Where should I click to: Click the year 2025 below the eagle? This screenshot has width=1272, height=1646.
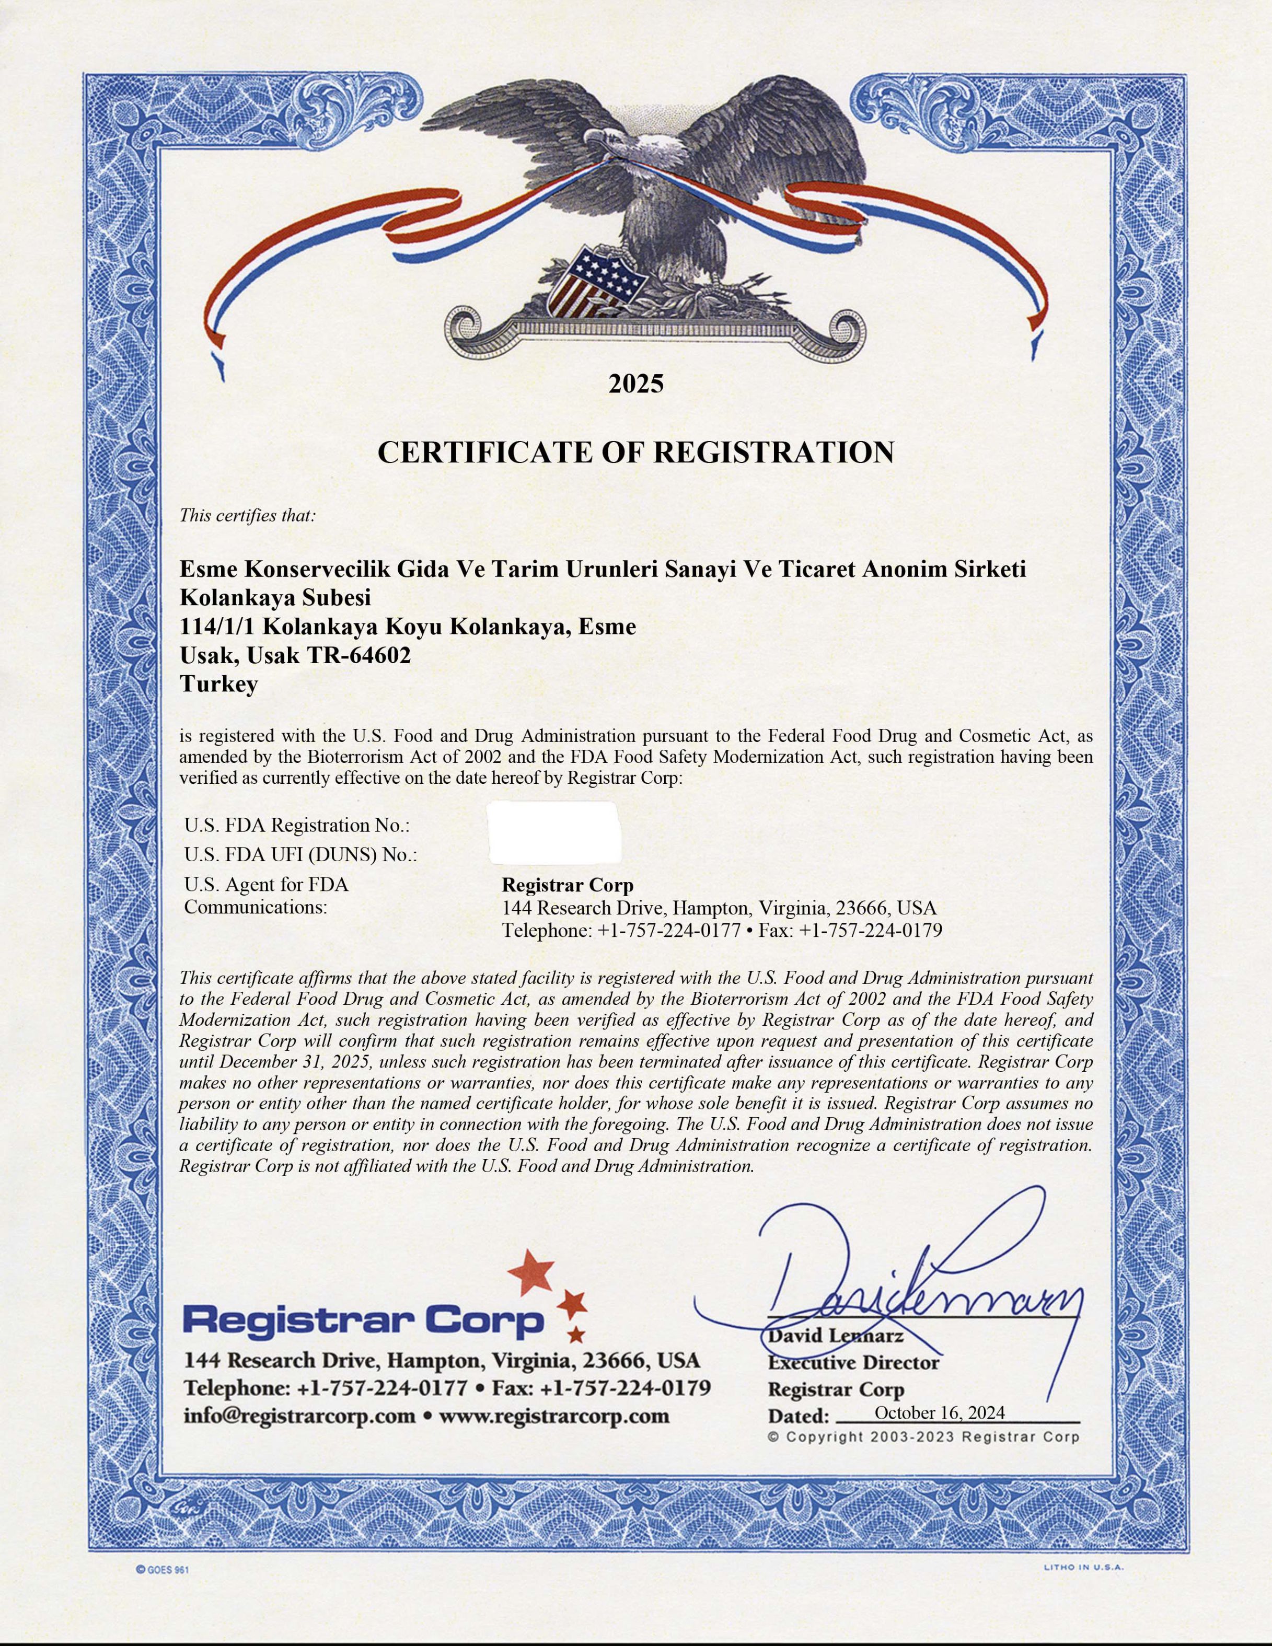(x=636, y=385)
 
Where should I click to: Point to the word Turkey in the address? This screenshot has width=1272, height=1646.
(x=218, y=685)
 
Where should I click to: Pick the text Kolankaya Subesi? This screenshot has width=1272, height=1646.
(x=276, y=598)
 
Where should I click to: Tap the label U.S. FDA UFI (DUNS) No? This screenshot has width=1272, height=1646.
(x=300, y=855)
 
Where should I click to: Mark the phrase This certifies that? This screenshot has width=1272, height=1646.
(x=248, y=516)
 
